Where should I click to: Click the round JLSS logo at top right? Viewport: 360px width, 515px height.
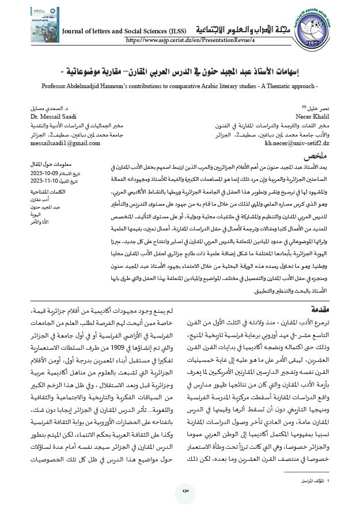pos(325,25)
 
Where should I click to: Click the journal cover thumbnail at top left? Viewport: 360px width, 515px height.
pos(35,25)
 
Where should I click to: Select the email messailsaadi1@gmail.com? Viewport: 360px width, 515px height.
pos(58,142)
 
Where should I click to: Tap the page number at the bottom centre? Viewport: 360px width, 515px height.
pos(185,490)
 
